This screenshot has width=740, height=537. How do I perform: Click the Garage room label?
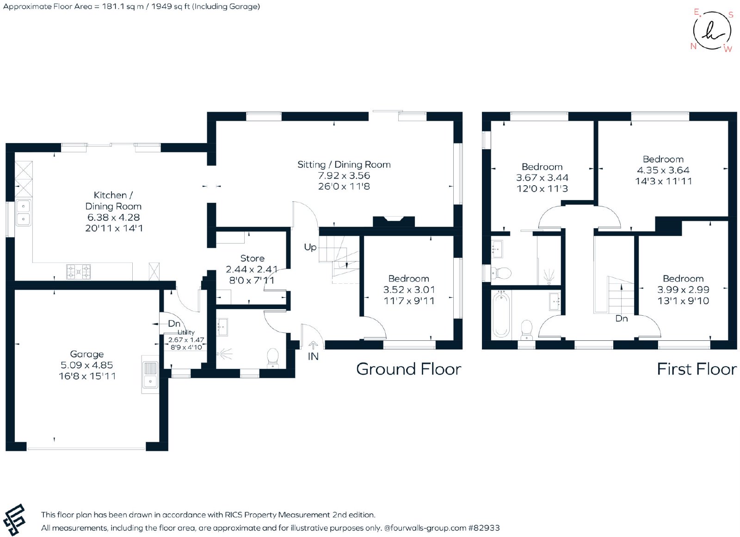(x=87, y=354)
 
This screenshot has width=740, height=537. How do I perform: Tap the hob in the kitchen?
(x=79, y=272)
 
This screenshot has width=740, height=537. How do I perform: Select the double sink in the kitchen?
(x=24, y=212)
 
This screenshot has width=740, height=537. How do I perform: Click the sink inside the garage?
(x=150, y=375)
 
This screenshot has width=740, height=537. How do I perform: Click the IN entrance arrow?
(x=313, y=345)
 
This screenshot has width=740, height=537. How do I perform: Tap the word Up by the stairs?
(x=310, y=247)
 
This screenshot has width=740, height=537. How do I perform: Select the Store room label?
(x=252, y=258)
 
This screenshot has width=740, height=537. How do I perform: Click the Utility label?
(x=186, y=332)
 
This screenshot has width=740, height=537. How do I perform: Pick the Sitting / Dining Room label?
(x=344, y=164)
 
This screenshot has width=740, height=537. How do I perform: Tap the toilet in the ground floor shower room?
(x=273, y=358)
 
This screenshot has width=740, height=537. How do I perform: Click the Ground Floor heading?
(x=409, y=369)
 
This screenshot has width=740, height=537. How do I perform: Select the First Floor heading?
(x=697, y=369)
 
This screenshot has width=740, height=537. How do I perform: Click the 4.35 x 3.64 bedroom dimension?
(x=663, y=170)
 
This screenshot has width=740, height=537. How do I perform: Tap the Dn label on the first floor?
(x=622, y=318)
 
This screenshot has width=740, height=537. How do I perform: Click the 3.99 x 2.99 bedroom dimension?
(x=683, y=289)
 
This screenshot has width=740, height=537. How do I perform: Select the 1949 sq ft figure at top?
(x=170, y=6)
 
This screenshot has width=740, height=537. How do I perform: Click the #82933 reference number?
(x=484, y=528)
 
